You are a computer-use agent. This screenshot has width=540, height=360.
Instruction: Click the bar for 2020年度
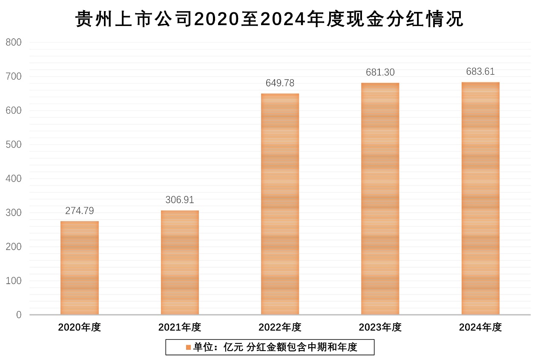point(80,268)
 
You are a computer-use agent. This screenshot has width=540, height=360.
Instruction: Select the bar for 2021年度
point(180,262)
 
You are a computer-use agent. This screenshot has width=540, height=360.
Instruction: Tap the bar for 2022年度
point(280,204)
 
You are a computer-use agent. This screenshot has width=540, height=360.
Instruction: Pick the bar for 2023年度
point(380,199)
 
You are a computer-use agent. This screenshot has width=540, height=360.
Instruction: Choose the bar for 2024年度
point(480,198)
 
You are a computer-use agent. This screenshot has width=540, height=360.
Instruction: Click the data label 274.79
point(80,210)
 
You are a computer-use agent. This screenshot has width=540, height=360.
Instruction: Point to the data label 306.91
point(180,200)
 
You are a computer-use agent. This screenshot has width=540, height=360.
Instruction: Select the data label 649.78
point(280,83)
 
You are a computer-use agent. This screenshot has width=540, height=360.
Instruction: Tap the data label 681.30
point(380,72)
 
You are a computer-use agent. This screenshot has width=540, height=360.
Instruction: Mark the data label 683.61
point(480,72)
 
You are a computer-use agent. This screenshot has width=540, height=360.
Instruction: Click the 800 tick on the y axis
point(14,42)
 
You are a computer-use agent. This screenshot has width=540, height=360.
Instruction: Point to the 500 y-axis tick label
point(14,144)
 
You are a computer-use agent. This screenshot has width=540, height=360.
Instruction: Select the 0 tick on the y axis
point(19,315)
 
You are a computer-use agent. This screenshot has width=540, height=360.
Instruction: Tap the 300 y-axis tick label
point(14,213)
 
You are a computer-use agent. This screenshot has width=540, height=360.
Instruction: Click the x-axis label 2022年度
point(280,327)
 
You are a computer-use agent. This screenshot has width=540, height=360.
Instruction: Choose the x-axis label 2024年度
point(480,327)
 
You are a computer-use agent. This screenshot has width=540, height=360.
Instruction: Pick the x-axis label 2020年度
point(80,327)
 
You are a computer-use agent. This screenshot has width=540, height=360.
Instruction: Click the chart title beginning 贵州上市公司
point(270,19)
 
